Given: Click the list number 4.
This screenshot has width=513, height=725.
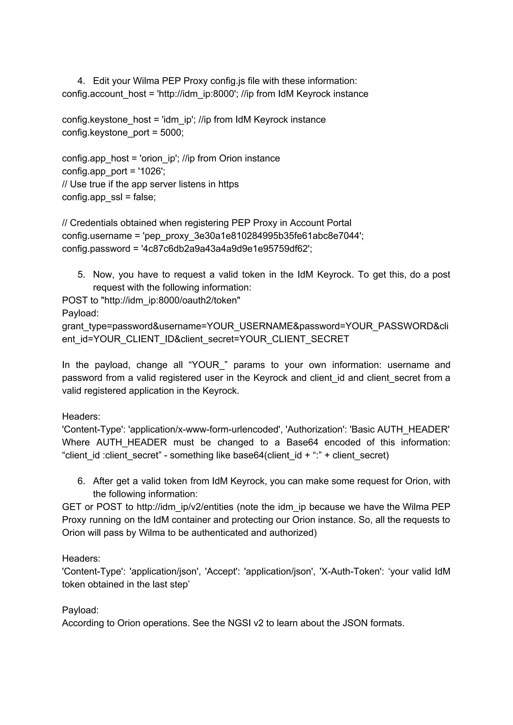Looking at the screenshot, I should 81,81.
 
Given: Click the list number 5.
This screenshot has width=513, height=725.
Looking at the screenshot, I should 81,274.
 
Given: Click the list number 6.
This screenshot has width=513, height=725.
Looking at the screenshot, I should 81,481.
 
